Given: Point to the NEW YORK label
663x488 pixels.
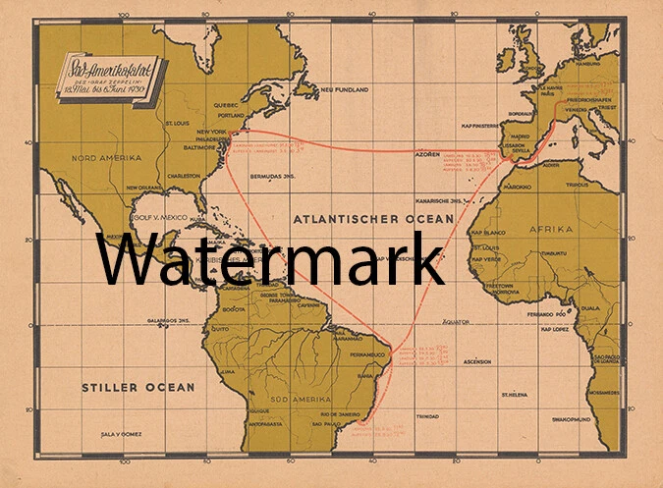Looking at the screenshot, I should tap(211, 132).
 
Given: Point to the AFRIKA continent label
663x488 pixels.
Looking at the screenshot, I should tap(578, 229).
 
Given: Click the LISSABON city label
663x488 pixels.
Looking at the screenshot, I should tap(515, 143).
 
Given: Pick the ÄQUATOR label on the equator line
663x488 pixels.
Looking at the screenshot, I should tap(458, 320).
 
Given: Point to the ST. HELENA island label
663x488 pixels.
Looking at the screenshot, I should tap(517, 394).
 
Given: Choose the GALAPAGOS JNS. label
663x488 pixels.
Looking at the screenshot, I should tap(169, 320).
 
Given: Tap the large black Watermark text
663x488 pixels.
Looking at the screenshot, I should tap(270, 258).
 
